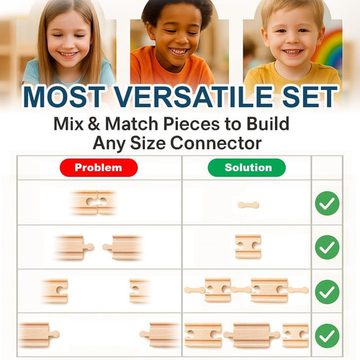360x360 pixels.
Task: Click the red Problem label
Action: click(x=99, y=168)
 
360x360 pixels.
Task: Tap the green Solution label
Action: click(x=247, y=168)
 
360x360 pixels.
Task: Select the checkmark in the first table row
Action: click(x=327, y=203)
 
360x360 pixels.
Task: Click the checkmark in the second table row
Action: click(x=327, y=247)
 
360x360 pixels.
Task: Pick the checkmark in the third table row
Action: click(x=327, y=292)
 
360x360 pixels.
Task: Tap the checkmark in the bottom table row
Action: click(x=327, y=336)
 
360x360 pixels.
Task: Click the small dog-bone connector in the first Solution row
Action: click(x=248, y=205)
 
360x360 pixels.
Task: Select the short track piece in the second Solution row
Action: click(x=248, y=247)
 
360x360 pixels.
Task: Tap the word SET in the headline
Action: click(x=310, y=96)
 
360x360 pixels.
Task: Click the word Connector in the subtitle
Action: click(x=216, y=143)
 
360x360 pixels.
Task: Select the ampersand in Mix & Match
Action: click(x=94, y=124)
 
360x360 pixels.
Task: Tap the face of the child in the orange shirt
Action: click(x=177, y=36)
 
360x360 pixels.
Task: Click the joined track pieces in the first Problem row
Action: click(x=94, y=202)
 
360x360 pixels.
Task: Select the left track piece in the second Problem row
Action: click(x=74, y=248)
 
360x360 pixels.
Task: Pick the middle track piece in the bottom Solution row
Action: click(x=252, y=336)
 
